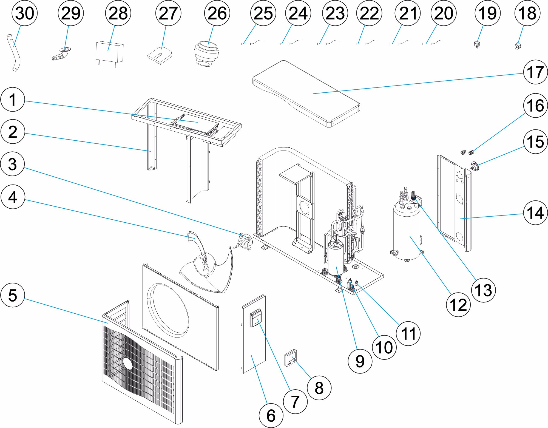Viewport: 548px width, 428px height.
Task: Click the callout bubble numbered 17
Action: [535, 72]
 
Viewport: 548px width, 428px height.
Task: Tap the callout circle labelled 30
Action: [25, 13]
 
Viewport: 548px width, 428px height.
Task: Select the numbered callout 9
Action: [360, 361]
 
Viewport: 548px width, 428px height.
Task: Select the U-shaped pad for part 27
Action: [160, 55]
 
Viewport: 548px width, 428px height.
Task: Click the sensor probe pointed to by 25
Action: [245, 44]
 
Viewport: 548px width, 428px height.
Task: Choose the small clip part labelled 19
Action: [477, 44]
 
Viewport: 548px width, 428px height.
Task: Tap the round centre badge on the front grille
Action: [127, 363]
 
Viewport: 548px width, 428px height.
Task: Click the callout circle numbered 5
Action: [13, 295]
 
